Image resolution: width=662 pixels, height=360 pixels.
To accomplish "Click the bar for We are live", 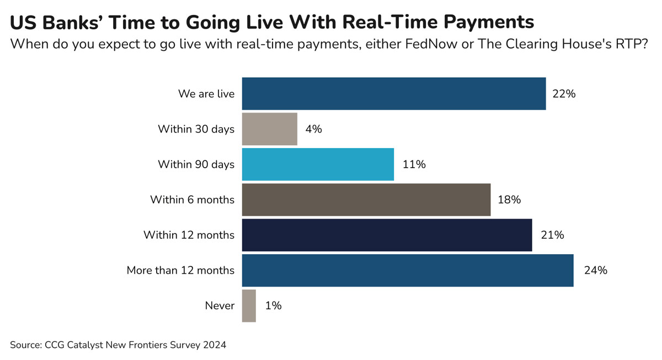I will click(394, 94).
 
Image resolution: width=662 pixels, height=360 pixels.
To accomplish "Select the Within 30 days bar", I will click(270, 129).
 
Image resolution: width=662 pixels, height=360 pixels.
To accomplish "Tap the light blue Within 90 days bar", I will click(318, 164).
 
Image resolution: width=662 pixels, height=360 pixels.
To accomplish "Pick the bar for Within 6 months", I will click(366, 200).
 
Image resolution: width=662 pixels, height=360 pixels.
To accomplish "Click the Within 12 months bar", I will click(387, 235).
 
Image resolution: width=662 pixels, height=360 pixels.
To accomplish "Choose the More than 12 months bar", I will click(408, 270).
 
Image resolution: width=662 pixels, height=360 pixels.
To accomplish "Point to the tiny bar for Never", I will click(249, 305).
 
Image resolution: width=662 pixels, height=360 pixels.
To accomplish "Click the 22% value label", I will click(564, 94).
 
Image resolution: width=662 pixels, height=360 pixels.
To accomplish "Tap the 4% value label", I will click(313, 129).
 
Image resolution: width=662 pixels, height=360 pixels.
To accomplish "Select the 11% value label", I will click(414, 164).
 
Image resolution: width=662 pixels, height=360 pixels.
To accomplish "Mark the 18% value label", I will click(509, 200).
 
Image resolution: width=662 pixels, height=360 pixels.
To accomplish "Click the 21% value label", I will click(552, 235).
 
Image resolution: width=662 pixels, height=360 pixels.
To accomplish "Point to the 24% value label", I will click(595, 270).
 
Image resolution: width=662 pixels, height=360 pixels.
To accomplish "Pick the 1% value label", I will click(273, 305).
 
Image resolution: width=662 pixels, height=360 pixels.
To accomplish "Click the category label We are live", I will click(206, 94).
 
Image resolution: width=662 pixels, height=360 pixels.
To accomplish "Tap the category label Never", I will click(220, 305).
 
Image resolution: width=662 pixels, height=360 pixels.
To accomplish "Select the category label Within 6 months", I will click(192, 200).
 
